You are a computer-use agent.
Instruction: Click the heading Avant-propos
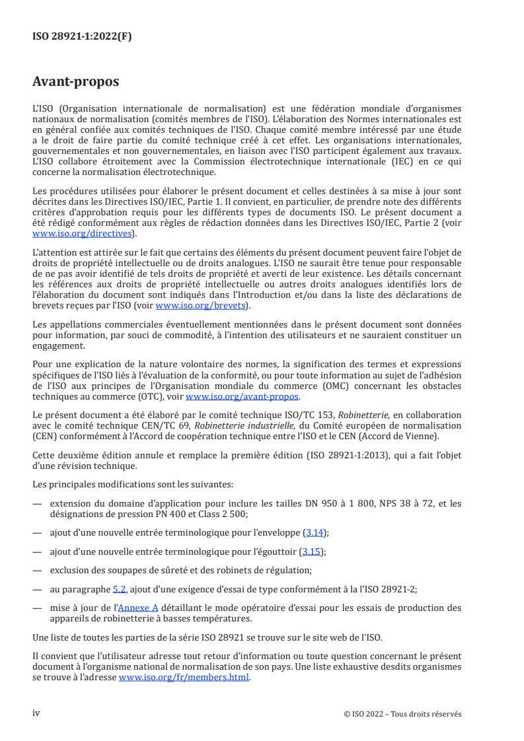click(x=76, y=83)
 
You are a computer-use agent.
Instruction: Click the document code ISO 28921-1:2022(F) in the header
click(x=82, y=37)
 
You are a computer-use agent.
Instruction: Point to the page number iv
click(x=37, y=713)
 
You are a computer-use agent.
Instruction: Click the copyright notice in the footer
click(x=402, y=714)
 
